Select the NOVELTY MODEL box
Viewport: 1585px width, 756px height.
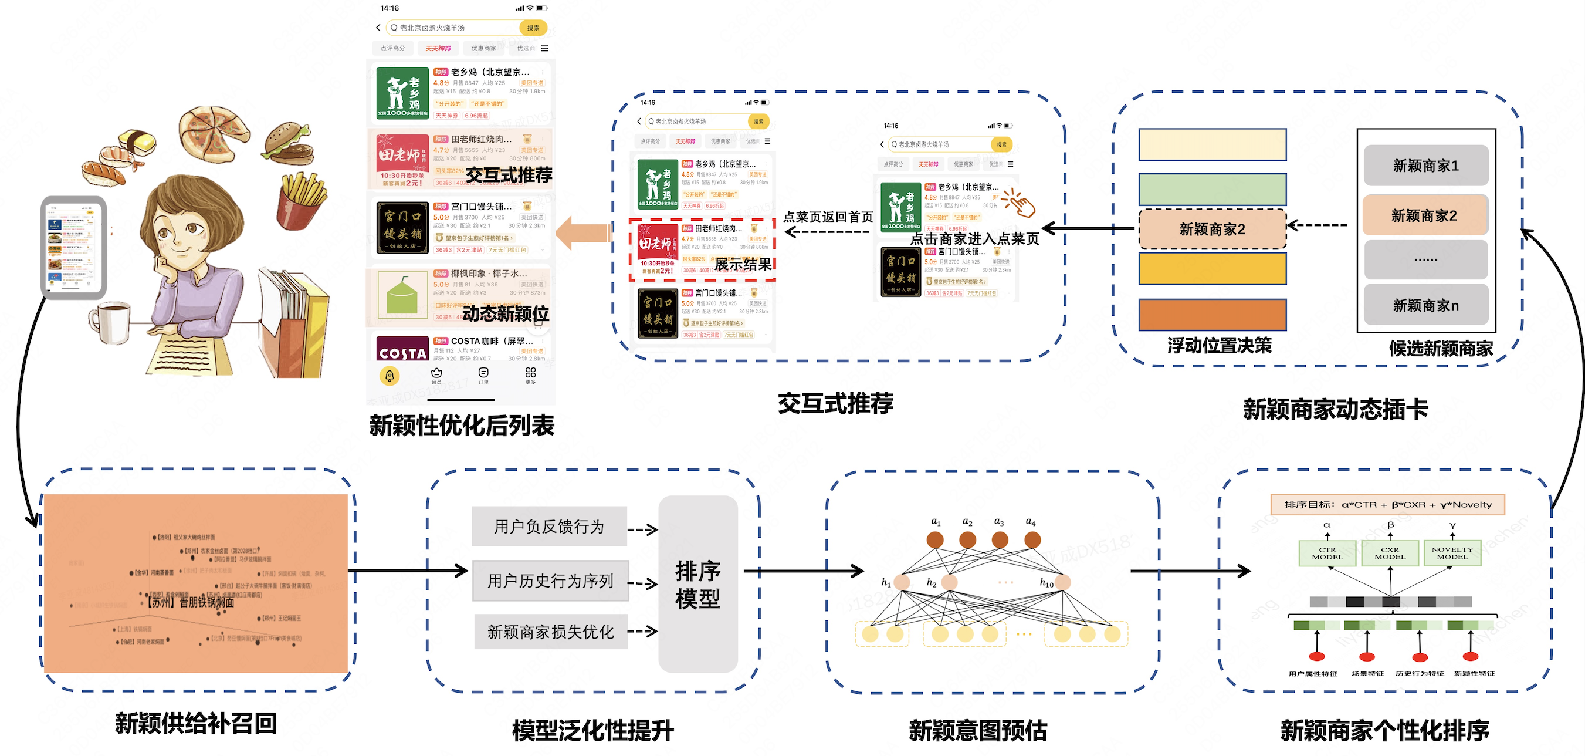[x=1452, y=553]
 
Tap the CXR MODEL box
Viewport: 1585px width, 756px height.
[x=1390, y=553]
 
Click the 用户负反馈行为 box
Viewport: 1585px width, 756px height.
[x=549, y=526]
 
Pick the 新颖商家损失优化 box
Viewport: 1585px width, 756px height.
[x=551, y=631]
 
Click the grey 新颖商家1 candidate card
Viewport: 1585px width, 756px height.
[x=1425, y=166]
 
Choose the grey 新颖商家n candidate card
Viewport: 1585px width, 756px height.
[x=1425, y=305]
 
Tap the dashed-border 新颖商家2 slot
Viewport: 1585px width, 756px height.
[x=1212, y=229]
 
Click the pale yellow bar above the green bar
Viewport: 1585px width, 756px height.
[x=1212, y=144]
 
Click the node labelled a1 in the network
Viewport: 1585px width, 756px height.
[x=935, y=540]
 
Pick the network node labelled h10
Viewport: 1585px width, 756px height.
[x=1062, y=582]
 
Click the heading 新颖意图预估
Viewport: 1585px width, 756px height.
[x=978, y=731]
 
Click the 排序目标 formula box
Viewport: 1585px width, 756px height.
[x=1387, y=505]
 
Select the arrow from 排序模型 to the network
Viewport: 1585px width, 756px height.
[x=803, y=571]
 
